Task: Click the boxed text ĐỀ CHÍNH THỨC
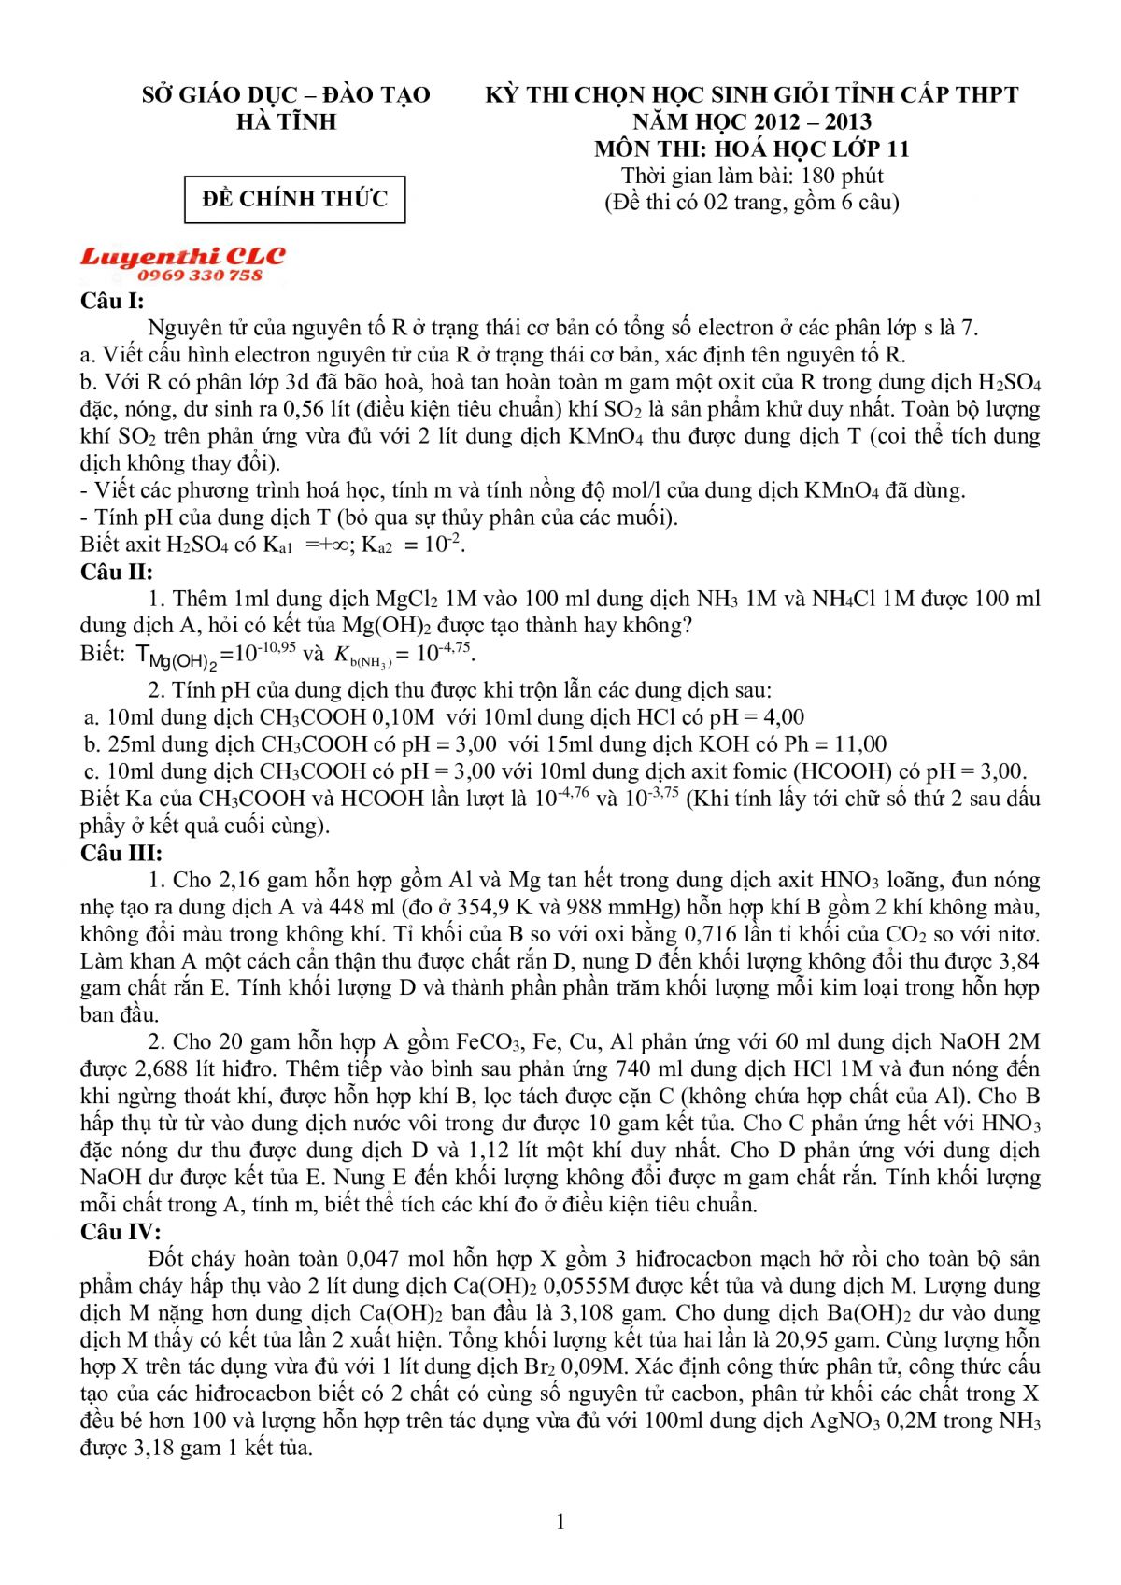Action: tap(294, 199)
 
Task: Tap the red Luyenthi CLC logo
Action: tap(183, 256)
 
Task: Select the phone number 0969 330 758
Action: tap(200, 276)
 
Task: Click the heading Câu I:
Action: tap(112, 301)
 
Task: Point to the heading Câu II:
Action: tap(116, 572)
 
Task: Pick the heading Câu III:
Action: tap(121, 853)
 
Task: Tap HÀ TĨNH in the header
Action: tap(286, 121)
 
